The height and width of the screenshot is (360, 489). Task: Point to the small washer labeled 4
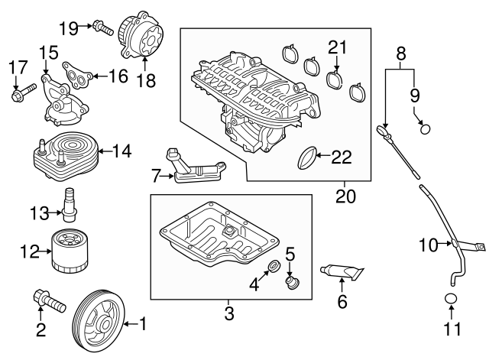point(273,268)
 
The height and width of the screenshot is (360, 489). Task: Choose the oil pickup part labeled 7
point(192,168)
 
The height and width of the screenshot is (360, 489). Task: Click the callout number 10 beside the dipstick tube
point(428,245)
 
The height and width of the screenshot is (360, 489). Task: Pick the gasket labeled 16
point(79,73)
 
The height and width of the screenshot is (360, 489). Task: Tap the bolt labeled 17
point(19,97)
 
